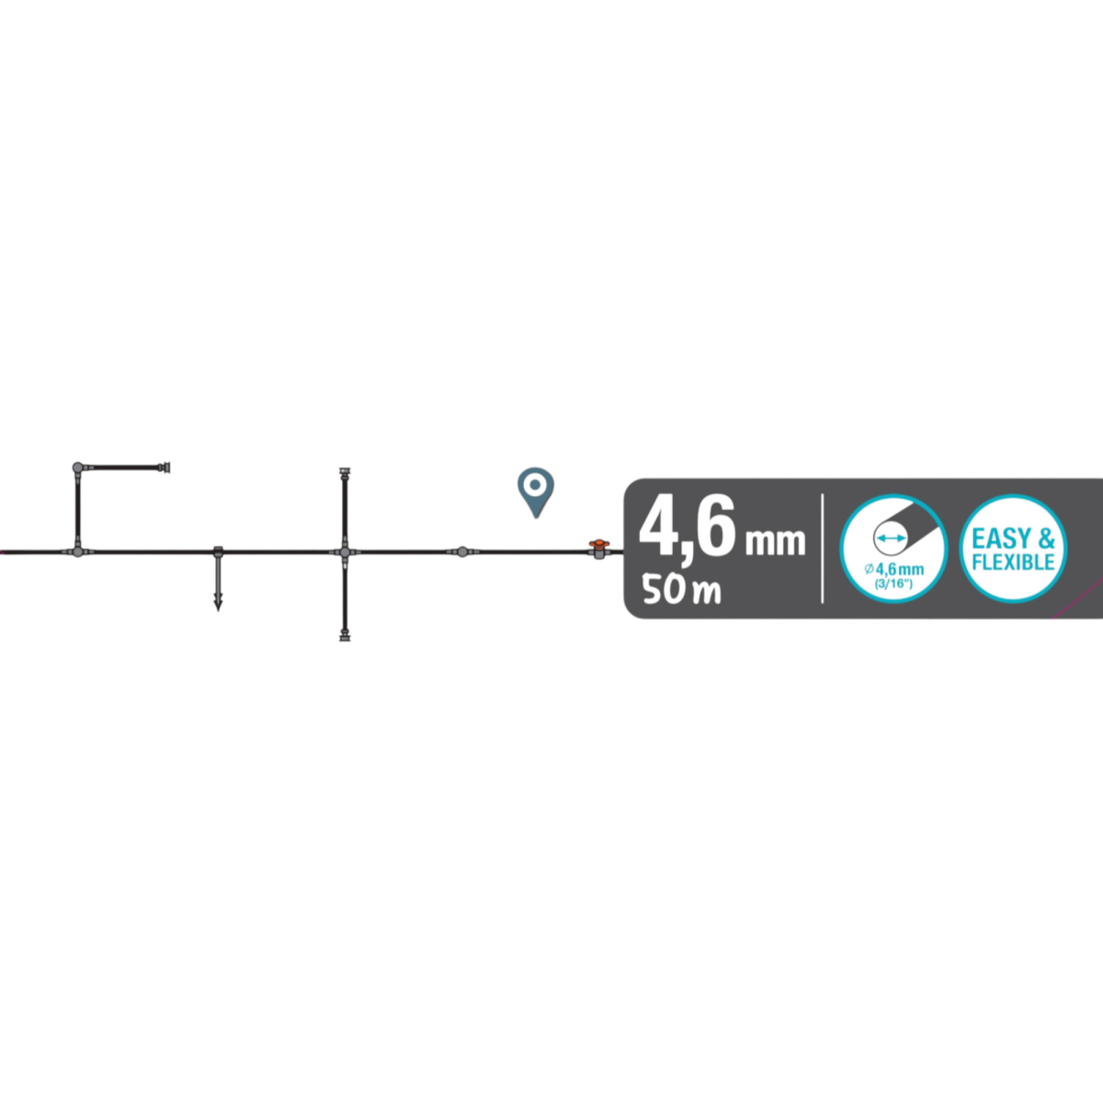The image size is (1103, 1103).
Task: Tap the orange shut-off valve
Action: tap(598, 551)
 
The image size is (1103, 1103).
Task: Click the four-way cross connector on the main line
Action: tap(344, 551)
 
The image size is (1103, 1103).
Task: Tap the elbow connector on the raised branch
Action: tap(77, 468)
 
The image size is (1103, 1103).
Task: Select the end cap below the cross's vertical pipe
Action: tap(345, 633)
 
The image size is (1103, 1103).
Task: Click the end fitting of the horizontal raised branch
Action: tap(165, 468)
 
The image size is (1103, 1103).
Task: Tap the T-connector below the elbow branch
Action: tap(77, 551)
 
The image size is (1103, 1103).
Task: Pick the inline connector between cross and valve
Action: tap(461, 551)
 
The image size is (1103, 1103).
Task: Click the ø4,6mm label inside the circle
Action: tap(891, 571)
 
